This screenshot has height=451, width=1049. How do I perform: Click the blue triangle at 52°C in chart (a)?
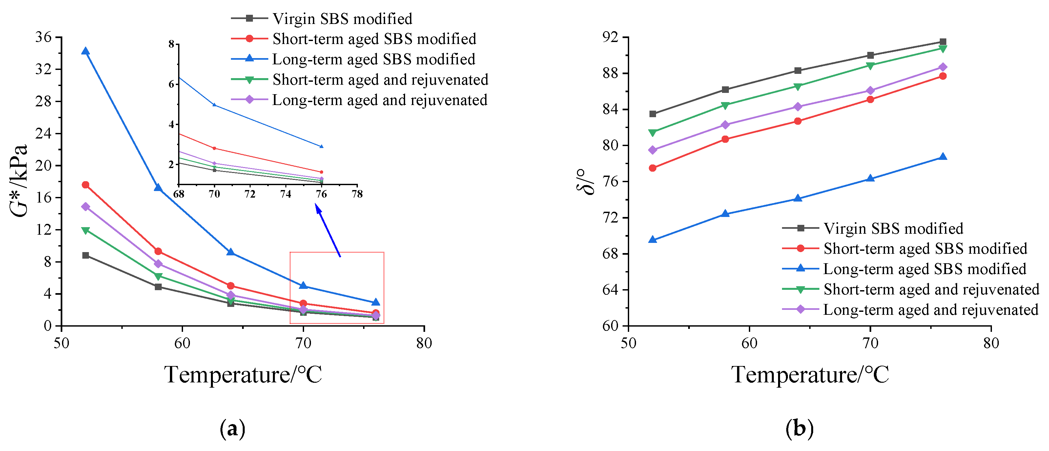(86, 51)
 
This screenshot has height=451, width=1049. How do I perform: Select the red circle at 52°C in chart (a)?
(86, 185)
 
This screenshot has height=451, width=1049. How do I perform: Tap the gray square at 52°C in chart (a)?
(86, 255)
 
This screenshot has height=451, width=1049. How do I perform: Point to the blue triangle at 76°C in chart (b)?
(943, 157)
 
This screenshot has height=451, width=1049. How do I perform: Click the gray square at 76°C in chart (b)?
(943, 42)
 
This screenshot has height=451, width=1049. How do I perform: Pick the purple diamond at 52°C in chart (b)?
(653, 150)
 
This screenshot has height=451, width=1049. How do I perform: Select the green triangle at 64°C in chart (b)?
(798, 87)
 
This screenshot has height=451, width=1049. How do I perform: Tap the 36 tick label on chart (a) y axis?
(44, 37)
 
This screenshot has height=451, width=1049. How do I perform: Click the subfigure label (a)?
(233, 429)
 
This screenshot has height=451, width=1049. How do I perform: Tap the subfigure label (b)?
(799, 429)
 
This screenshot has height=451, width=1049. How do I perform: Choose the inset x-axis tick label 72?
(250, 194)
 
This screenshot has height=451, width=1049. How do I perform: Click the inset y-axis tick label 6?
(172, 84)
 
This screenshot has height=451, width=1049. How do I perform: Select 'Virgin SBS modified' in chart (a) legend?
(342, 19)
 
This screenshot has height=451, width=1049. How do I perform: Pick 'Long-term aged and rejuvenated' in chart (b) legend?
(931, 310)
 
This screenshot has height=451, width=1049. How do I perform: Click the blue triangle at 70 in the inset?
(215, 105)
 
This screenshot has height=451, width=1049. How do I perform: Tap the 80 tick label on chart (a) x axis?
(424, 343)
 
